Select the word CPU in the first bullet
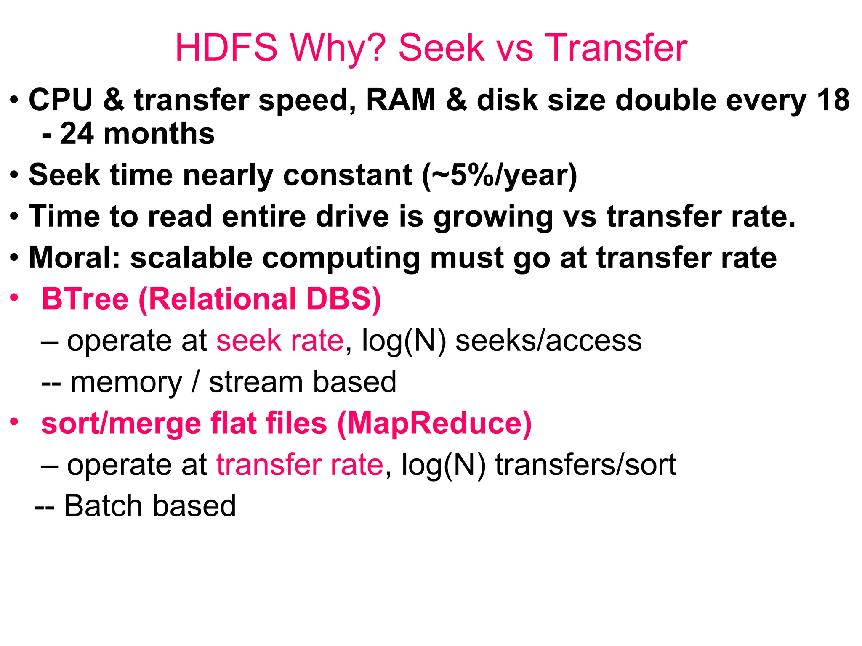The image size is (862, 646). pyautogui.click(x=60, y=100)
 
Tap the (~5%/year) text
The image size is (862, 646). pyautogui.click(x=500, y=175)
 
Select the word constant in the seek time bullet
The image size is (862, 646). pyautogui.click(x=348, y=175)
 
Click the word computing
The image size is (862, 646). pyautogui.click(x=341, y=258)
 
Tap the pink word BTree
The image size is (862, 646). pyautogui.click(x=85, y=299)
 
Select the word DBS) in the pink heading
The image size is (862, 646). pyautogui.click(x=343, y=299)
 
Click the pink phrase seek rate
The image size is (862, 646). pyautogui.click(x=280, y=340)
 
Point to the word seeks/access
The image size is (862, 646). pyautogui.click(x=548, y=340)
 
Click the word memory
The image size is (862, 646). pyautogui.click(x=126, y=382)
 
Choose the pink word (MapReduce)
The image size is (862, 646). pyautogui.click(x=434, y=423)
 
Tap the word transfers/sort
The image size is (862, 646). pyautogui.click(x=585, y=465)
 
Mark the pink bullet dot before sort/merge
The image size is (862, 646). pyautogui.click(x=15, y=421)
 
